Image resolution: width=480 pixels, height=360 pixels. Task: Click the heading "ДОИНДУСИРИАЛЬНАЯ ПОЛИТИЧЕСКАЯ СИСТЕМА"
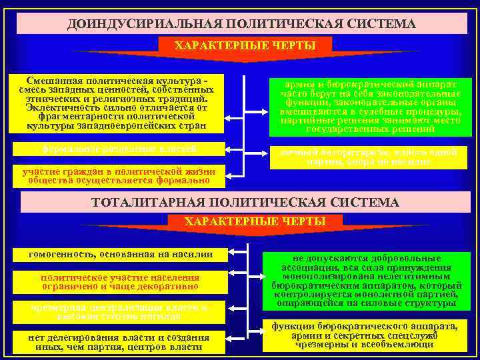pyautogui.click(x=241, y=24)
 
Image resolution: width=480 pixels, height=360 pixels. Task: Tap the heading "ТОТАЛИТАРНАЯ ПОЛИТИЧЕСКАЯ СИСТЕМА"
pyautogui.click(x=245, y=202)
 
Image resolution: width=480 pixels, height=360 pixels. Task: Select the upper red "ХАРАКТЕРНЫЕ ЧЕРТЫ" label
pyautogui.click(x=244, y=45)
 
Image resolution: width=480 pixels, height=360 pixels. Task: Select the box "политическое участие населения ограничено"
pyautogui.click(x=120, y=282)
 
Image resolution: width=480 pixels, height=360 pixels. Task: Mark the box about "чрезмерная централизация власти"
pyautogui.click(x=120, y=311)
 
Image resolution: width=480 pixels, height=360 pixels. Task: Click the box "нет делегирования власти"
pyautogui.click(x=120, y=341)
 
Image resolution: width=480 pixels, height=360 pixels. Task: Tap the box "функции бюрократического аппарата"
pyautogui.click(x=363, y=336)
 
